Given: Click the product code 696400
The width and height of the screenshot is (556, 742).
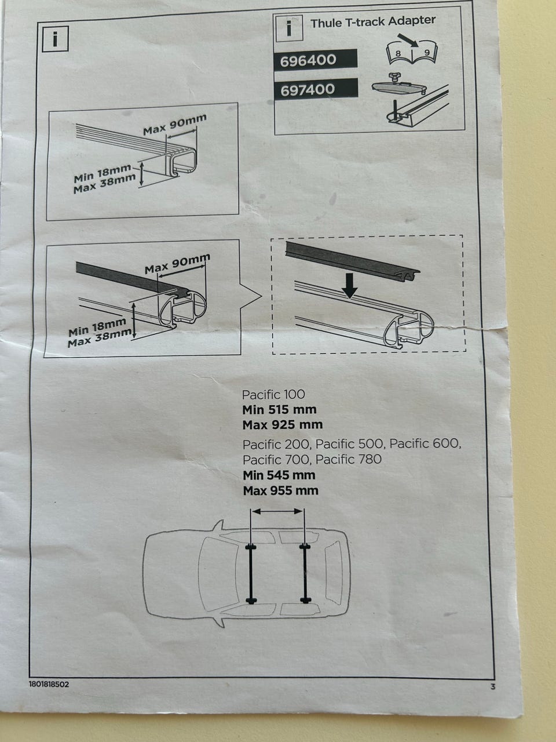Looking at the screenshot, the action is point(308,60).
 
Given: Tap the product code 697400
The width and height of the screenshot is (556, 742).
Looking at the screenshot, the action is point(308,90).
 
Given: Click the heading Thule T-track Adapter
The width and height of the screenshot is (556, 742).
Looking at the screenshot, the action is point(373,22).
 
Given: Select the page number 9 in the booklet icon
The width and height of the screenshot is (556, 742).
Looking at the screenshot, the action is point(427,53).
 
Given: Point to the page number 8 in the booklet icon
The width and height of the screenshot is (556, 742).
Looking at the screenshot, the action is point(398,53).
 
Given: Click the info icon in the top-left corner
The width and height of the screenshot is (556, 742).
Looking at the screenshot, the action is point(55,39).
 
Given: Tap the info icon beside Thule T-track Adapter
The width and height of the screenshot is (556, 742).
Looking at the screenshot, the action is point(289,29).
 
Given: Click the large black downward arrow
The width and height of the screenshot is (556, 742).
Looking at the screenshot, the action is point(350,286).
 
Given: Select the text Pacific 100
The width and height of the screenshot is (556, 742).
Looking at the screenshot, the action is point(273,395).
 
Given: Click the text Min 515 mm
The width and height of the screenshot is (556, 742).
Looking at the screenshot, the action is point(280,410).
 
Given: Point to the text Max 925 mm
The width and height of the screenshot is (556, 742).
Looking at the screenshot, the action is point(283,425).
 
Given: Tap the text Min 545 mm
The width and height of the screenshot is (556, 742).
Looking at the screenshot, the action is point(279,475).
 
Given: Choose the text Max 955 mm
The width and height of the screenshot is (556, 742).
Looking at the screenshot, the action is point(280,490).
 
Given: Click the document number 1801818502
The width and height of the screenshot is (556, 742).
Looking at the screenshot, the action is point(49,684).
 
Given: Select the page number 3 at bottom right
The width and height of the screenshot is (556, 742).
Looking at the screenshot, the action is point(493,686).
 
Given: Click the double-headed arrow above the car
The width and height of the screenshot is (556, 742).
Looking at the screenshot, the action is point(277,511).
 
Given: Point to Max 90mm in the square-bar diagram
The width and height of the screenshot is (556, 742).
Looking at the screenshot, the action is point(174,125).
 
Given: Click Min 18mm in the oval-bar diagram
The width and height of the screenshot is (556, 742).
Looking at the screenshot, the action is point(97,327).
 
